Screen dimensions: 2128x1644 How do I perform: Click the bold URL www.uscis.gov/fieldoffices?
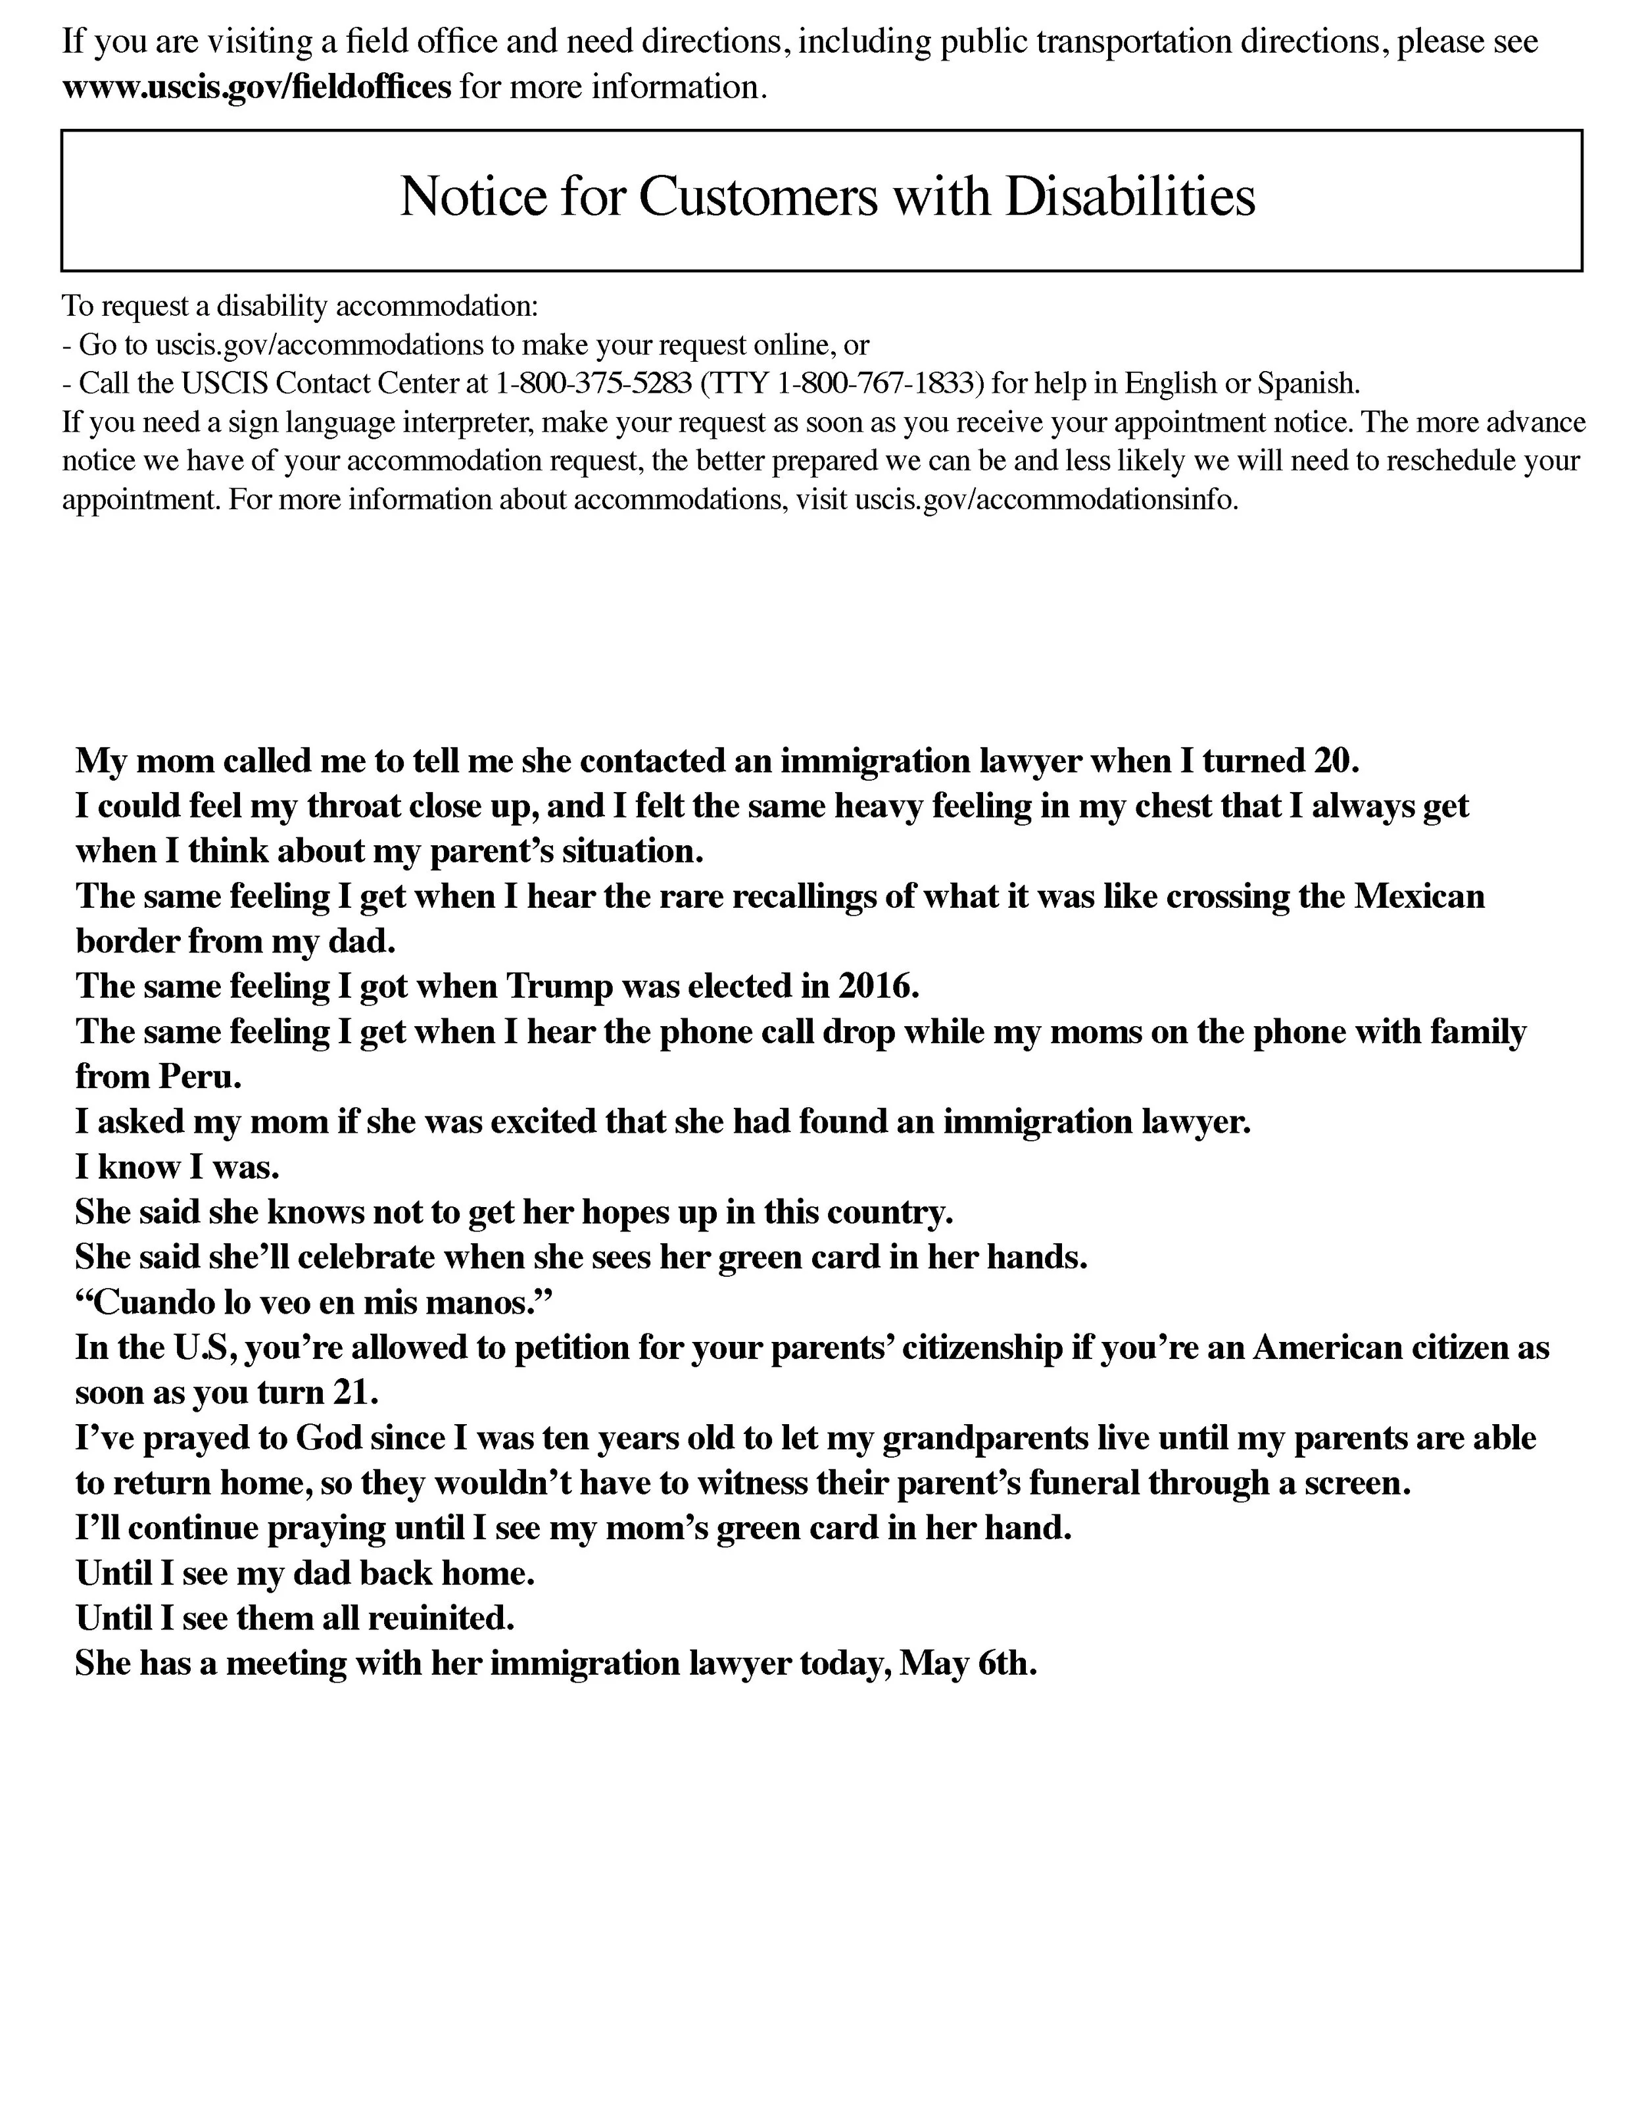(257, 87)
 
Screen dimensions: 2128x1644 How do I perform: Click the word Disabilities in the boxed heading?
(1130, 196)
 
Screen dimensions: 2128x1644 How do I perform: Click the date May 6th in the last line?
(965, 1662)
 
